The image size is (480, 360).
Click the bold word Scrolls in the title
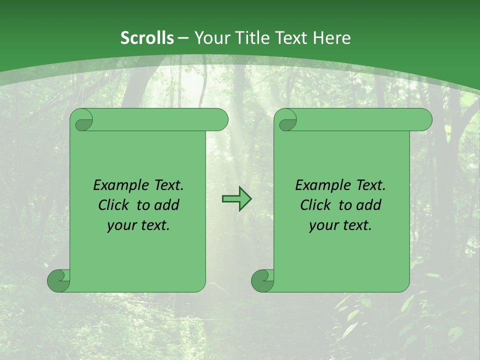point(147,38)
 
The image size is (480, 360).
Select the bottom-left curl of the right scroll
point(263,281)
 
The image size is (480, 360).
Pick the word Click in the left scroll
point(113,205)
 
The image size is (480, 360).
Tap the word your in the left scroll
point(121,225)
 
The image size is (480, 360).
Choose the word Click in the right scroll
point(315,205)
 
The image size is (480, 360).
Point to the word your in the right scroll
point(323,225)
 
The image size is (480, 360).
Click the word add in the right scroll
point(369,205)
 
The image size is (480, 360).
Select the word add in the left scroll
point(167,205)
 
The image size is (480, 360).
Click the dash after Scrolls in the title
point(183,38)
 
